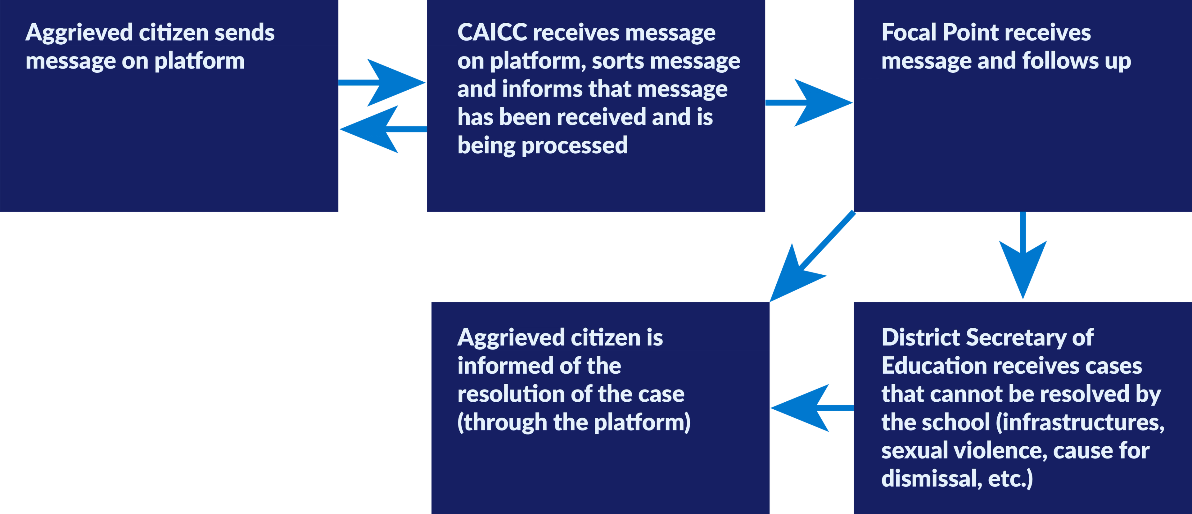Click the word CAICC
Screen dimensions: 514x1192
pos(492,33)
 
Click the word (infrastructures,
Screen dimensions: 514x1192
pos(1080,423)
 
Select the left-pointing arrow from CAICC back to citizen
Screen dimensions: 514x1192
pos(382,128)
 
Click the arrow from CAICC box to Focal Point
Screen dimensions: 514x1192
pos(810,102)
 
